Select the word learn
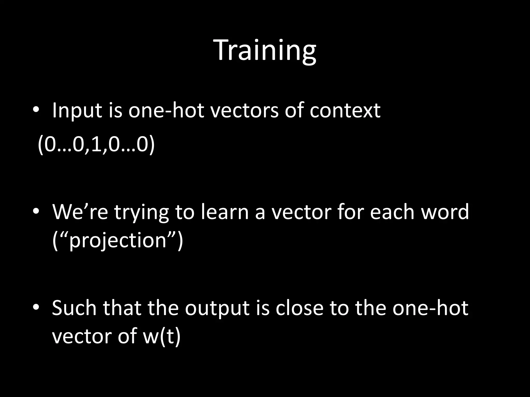coord(224,212)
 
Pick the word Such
coord(74,308)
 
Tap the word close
coord(299,308)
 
